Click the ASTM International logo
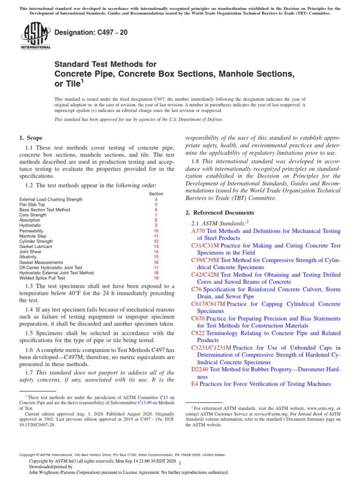tap(35, 36)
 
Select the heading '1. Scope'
tap(30, 138)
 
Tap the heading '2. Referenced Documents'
tap(220, 212)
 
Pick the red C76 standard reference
tap(196, 290)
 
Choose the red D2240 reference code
tap(200, 369)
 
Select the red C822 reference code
tap(198, 333)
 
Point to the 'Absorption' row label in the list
tap(30, 220)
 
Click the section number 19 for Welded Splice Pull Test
tap(156, 277)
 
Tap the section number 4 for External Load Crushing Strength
tap(156, 199)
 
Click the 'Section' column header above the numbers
tap(156, 193)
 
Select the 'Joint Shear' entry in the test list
tap(30, 251)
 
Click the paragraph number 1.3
tap(29, 286)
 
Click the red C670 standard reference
tap(198, 319)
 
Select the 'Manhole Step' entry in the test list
tap(32, 236)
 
